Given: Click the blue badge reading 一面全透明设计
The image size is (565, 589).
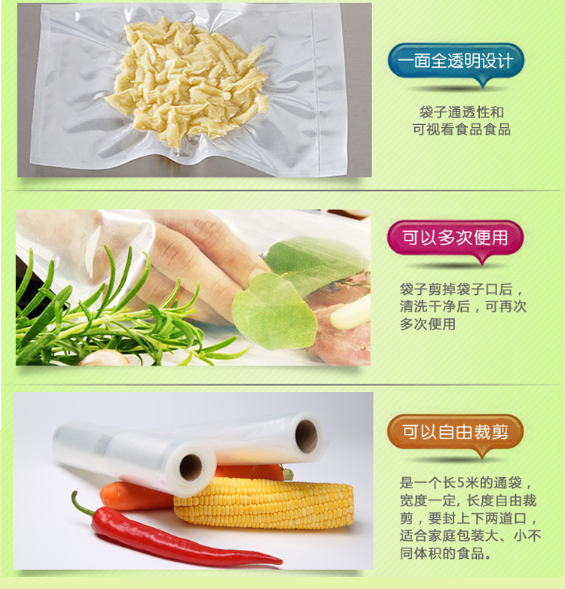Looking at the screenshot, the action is [456, 62].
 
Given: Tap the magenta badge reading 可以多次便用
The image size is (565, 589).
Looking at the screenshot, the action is [455, 238].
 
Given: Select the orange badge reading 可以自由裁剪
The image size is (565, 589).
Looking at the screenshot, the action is [455, 433].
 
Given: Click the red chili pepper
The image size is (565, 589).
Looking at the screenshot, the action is [177, 537].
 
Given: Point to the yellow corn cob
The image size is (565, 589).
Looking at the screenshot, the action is [264, 502].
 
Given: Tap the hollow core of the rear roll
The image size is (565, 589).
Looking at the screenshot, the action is [306, 436].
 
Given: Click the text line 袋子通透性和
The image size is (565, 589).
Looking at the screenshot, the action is [462, 112].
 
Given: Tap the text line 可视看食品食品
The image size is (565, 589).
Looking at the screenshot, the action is [462, 129].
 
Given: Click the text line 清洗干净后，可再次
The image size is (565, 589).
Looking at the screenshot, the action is [463, 306].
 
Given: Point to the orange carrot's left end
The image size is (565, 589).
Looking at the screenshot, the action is [102, 495].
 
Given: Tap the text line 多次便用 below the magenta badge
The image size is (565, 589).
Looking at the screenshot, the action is [428, 323].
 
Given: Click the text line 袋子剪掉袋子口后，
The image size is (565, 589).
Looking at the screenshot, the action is [461, 290].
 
